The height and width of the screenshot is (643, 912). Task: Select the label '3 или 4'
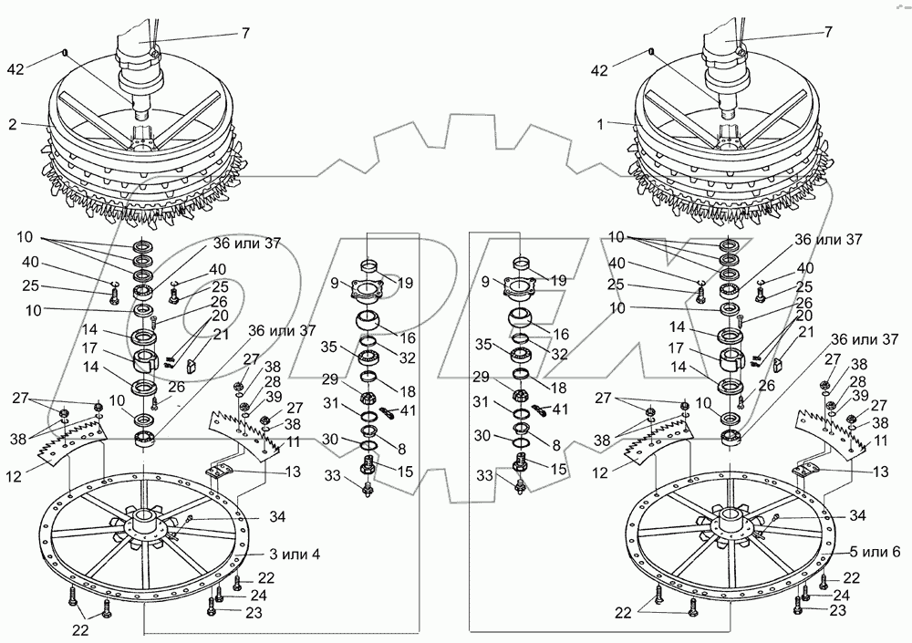[293, 555]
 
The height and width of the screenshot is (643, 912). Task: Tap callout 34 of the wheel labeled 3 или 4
[276, 517]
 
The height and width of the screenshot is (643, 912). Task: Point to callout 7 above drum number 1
[828, 32]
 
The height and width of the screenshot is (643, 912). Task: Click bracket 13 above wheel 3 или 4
[220, 471]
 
